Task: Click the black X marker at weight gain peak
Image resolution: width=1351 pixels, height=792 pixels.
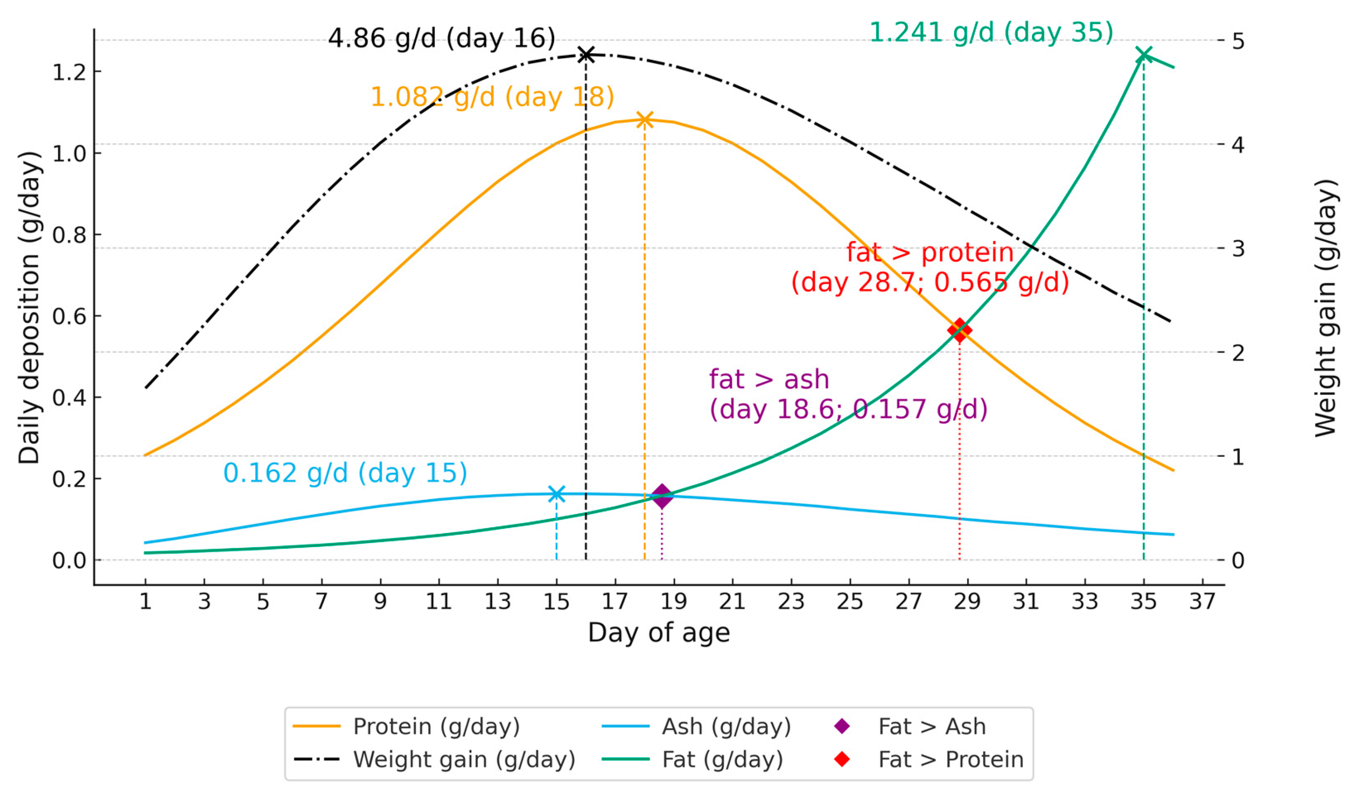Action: [586, 55]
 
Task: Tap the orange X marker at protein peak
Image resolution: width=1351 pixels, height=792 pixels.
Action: [644, 120]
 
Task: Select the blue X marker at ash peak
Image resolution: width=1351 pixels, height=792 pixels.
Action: [557, 494]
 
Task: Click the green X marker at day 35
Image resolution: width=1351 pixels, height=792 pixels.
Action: [1144, 55]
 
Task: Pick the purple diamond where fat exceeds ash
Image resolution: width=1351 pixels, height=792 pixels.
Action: [662, 496]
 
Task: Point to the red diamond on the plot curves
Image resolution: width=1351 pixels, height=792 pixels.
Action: [960, 330]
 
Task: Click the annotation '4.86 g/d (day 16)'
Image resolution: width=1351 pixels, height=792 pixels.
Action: [441, 39]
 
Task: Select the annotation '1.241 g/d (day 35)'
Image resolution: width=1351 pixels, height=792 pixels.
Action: [991, 32]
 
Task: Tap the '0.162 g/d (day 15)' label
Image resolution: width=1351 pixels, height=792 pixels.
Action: [345, 473]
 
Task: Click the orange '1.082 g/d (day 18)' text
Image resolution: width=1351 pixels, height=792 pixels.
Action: [492, 97]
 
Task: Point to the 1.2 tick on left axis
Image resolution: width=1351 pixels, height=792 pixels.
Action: [69, 72]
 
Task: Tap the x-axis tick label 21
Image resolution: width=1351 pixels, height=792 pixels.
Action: [732, 602]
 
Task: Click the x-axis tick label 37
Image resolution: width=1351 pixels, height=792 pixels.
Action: [1203, 602]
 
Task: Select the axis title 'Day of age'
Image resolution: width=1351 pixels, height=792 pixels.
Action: [659, 633]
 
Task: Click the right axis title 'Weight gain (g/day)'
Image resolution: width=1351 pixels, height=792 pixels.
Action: [1327, 308]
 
